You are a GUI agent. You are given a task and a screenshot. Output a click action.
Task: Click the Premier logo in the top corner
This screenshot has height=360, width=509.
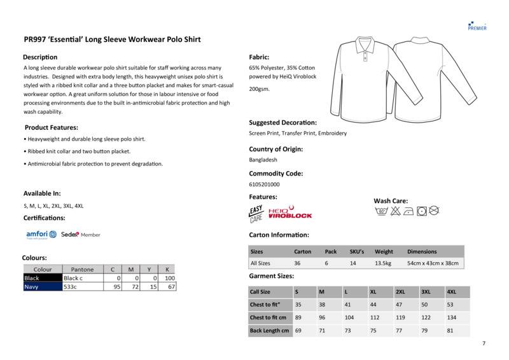coord(477,25)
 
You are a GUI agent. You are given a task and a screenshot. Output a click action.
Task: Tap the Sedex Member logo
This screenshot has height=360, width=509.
coord(80,235)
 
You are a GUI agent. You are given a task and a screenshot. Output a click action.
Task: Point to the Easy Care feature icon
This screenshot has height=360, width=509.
coord(256,213)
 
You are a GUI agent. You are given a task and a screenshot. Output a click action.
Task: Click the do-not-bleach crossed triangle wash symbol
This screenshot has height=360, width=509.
coord(394,210)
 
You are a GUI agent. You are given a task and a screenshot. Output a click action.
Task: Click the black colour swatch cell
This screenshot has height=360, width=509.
coord(42,278)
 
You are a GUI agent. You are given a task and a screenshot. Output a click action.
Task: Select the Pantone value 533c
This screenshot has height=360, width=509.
coord(70,287)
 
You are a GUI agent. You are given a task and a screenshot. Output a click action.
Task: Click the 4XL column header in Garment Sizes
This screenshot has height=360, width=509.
coord(452,292)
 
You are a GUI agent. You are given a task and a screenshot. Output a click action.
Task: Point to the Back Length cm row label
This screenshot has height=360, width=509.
coord(270,331)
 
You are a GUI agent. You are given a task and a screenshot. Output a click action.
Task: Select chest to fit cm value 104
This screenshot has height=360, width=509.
coord(349,317)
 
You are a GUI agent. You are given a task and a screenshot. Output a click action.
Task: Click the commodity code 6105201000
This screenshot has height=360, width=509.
coord(264,184)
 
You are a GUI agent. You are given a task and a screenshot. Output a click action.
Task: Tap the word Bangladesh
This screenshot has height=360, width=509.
coord(263,160)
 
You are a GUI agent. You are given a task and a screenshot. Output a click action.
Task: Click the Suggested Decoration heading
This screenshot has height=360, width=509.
coord(282,122)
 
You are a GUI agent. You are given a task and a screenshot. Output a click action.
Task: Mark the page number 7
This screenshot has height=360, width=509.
coord(484,344)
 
